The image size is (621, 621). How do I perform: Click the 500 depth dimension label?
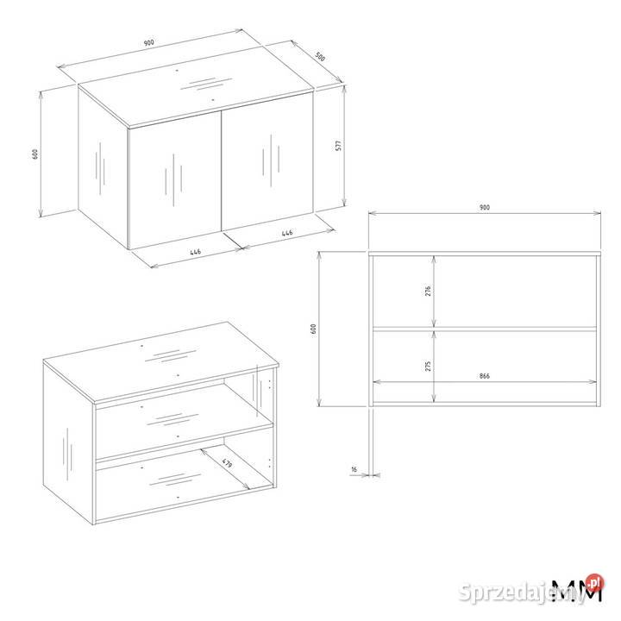[320, 57]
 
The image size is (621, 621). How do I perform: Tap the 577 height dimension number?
[338, 146]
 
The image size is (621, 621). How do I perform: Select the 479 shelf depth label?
[227, 463]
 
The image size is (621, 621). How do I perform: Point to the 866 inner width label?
[485, 376]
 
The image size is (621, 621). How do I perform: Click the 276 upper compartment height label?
[428, 292]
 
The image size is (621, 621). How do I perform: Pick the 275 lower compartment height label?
[428, 366]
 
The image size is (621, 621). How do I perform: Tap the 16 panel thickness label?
[354, 469]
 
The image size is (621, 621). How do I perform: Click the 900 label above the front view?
[485, 207]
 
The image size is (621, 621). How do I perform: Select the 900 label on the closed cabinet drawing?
[148, 42]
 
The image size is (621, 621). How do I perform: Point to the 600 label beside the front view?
[314, 329]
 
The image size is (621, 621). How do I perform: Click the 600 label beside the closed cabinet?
[35, 154]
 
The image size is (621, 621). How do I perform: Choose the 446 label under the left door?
[195, 252]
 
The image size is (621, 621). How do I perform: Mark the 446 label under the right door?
[287, 233]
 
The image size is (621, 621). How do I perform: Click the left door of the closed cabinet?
[175, 180]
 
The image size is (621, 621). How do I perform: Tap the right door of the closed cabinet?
[267, 161]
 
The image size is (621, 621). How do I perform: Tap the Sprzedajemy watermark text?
[524, 593]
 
